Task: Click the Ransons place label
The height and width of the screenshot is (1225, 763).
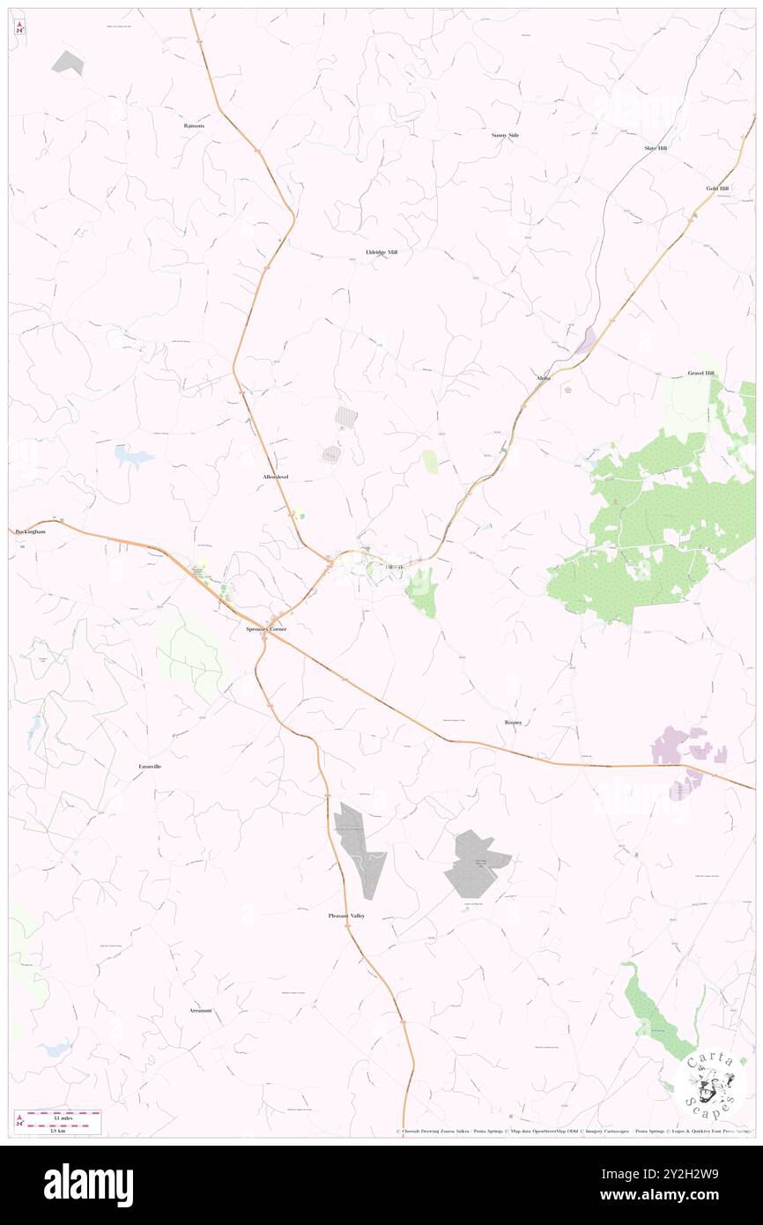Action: coord(194,126)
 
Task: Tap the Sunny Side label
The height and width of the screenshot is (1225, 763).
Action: coord(505,135)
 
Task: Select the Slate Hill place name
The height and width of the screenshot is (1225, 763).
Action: coord(656,148)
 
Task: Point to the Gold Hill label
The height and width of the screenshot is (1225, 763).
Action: coord(717,189)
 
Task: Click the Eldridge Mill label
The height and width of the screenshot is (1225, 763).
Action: coord(381,252)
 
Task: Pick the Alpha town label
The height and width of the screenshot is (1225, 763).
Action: coord(544,378)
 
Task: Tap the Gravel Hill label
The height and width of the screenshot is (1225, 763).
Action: coord(701,374)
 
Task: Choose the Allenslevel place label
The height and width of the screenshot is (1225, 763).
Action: coord(276,477)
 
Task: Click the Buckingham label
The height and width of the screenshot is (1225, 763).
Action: coord(29,532)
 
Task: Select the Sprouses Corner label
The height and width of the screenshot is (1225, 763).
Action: coord(266,629)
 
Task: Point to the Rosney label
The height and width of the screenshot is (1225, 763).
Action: coord(514,723)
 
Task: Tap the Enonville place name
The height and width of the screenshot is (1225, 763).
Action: coord(150,767)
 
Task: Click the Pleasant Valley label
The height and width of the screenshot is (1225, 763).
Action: coord(346,917)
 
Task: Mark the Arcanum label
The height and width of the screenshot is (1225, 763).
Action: coord(200,1010)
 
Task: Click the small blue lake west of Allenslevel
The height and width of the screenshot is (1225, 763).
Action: coord(134,457)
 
